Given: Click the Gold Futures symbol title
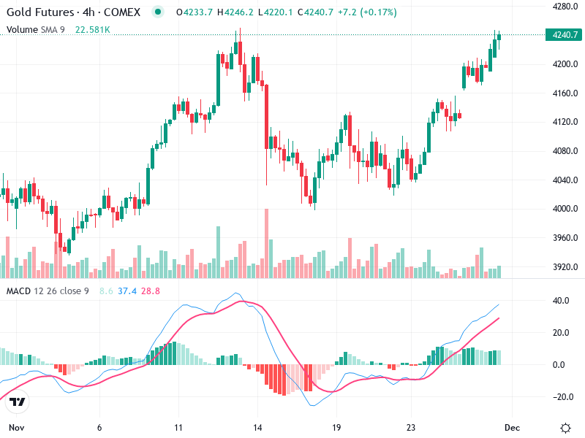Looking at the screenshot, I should coord(39,12).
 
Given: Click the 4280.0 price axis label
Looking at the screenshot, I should coord(565,7).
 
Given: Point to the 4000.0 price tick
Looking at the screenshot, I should coord(565,210).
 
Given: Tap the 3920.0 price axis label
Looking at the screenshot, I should coord(565,267).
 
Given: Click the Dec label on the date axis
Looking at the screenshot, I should coord(512,427).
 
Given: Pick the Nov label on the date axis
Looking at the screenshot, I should coord(16,427).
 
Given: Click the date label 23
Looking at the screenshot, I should coord(412,427).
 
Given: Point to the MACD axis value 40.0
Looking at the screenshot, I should coord(561,301).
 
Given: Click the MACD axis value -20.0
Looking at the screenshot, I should coord(561,397).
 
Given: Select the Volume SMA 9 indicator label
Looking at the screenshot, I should coord(37,30).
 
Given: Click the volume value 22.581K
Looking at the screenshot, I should coord(93,30).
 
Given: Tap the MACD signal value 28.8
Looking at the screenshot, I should coord(149,291).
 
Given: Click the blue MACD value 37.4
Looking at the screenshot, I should coord(127,291).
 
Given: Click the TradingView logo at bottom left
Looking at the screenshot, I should coord(18,402).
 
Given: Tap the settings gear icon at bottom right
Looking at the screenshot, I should coord(565,427).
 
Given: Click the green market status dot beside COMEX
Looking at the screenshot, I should coord(158,12).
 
